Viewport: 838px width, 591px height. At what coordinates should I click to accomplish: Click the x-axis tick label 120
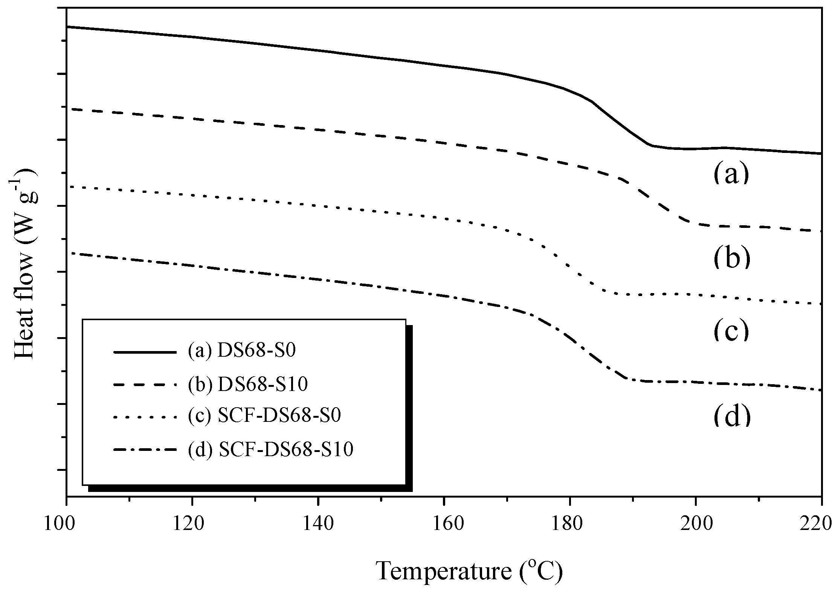(192, 524)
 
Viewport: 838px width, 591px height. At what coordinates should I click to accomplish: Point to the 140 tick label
(318, 524)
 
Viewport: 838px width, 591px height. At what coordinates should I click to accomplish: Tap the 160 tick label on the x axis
(444, 524)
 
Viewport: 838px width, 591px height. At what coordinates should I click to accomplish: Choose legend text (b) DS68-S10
(248, 385)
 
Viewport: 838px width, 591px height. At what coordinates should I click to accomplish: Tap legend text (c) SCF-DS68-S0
(264, 417)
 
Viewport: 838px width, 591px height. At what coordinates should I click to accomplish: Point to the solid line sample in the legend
(145, 352)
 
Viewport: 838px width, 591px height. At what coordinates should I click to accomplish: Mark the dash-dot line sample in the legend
(145, 450)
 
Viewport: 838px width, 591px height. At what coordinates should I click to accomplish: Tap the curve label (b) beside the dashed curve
(731, 259)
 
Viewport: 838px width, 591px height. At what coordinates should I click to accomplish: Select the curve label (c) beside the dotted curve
(731, 330)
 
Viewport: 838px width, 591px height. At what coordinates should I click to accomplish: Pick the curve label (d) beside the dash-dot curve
(731, 416)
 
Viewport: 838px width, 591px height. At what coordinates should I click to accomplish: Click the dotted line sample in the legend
(145, 417)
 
